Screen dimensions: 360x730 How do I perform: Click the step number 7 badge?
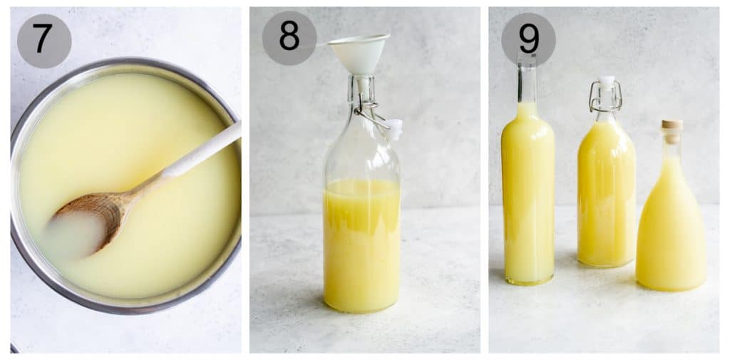pyautogui.click(x=43, y=41)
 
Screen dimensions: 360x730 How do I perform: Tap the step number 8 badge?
pyautogui.click(x=289, y=38)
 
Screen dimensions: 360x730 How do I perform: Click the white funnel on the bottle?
pyautogui.click(x=359, y=52)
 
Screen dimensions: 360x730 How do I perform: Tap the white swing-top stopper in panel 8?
pyautogui.click(x=394, y=129)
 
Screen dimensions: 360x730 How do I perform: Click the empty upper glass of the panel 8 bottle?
pyautogui.click(x=361, y=153)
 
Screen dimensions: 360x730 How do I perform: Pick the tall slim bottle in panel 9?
pyautogui.click(x=528, y=192)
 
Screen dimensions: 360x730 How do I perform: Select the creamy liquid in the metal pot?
pyautogui.click(x=143, y=121)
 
